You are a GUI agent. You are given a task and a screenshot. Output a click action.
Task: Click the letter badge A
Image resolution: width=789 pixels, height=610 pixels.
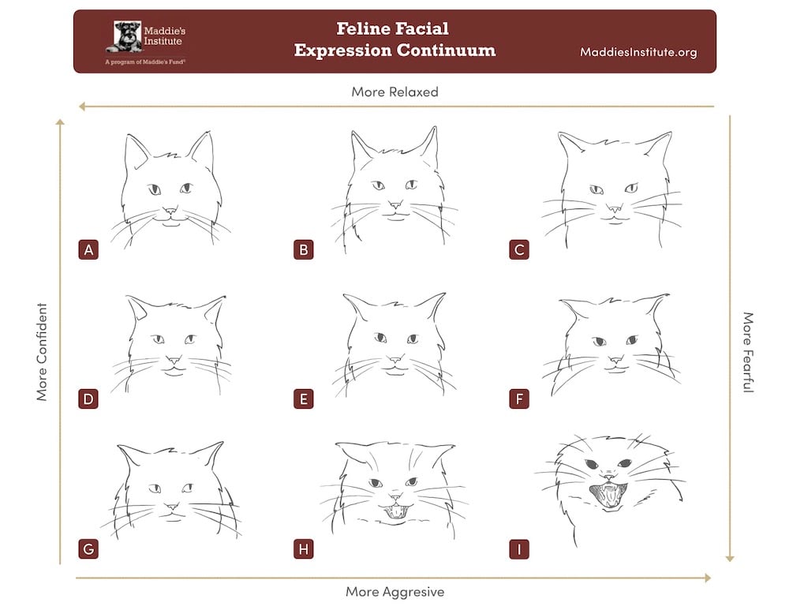pos(88,250)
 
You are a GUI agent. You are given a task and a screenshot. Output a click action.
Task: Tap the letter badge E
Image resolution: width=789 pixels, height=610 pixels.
pos(303,399)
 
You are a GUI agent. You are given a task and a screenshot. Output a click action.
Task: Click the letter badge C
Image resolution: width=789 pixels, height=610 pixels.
pos(518,250)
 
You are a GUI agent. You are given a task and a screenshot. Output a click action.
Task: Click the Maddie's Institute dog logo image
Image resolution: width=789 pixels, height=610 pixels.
pos(127,37)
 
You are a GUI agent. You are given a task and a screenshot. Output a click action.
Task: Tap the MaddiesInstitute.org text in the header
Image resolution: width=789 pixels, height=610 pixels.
pos(638,52)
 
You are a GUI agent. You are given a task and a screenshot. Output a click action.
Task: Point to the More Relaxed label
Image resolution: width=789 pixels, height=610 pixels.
pos(394,92)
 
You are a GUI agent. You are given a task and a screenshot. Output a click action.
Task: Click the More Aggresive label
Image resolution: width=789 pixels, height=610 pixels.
pos(394,591)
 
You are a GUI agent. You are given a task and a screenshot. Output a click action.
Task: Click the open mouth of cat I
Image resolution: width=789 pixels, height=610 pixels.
pos(607,498)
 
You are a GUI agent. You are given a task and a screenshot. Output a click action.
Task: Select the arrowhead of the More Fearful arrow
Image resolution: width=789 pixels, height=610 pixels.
pos(730,558)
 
